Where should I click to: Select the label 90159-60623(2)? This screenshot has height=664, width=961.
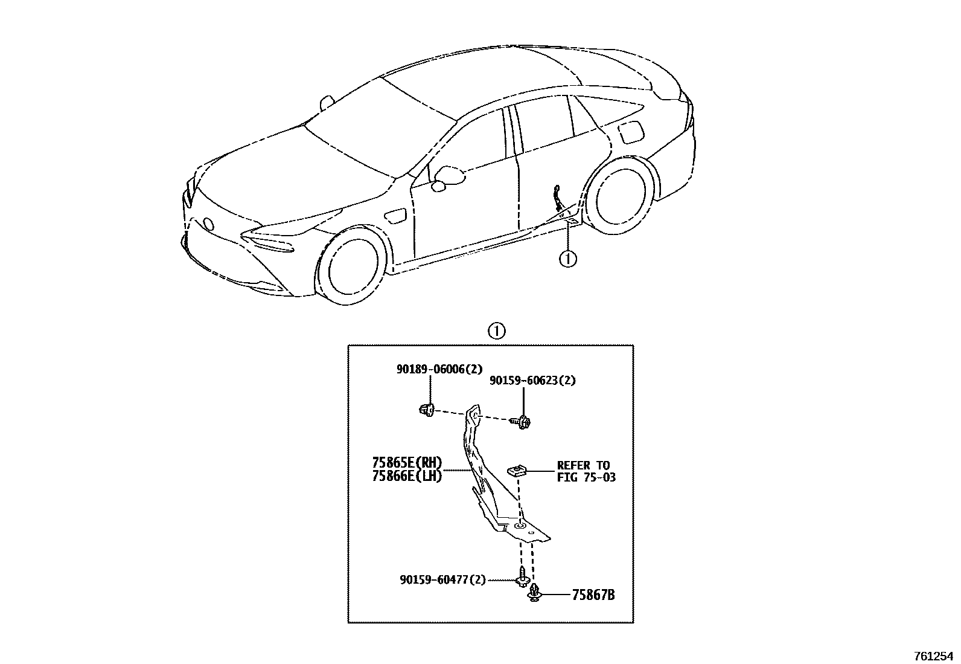coord(532,381)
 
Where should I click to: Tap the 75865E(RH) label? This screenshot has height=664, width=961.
coord(407,463)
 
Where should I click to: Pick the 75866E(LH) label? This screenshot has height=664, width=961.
coord(407,476)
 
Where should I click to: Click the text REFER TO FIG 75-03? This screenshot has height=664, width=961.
coord(583,471)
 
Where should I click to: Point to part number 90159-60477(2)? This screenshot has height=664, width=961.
coord(442,579)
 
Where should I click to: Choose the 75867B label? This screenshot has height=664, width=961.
coord(593,595)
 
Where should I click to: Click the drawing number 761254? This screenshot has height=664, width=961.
coord(936,656)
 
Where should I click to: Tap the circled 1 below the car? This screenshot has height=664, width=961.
coord(568,259)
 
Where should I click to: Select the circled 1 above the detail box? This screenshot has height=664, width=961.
coord(496,331)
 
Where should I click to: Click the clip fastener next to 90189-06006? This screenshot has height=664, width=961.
coord(427,410)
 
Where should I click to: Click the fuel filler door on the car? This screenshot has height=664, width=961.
coord(632,132)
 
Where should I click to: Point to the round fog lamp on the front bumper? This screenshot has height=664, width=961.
coord(208,224)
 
